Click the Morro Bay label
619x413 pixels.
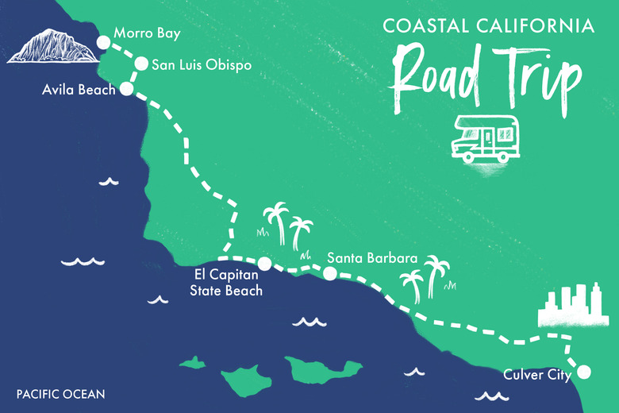147,34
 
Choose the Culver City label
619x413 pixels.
537,374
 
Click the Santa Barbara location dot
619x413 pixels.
329,274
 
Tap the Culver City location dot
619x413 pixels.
584,370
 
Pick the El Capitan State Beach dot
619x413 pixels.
264,264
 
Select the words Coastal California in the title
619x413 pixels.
488,26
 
